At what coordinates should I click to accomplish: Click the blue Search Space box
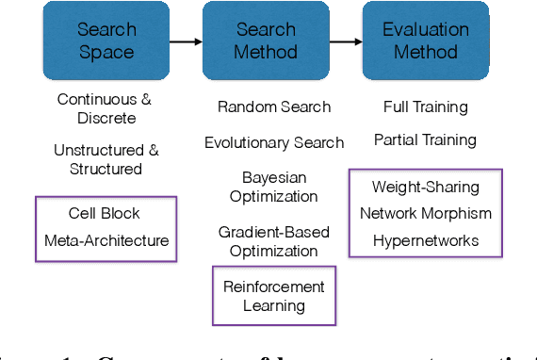(x=106, y=41)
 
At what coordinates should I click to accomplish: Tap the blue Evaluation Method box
(x=425, y=41)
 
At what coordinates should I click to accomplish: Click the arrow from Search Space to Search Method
(x=187, y=41)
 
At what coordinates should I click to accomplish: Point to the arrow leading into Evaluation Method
(x=348, y=41)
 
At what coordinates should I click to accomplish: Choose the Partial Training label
(x=425, y=139)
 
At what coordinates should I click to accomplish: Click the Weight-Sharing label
(x=425, y=187)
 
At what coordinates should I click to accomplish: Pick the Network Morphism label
(x=425, y=213)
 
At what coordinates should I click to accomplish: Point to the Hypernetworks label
(x=425, y=240)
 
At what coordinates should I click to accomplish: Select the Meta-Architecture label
(x=106, y=240)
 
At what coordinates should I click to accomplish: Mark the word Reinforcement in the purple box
(x=274, y=286)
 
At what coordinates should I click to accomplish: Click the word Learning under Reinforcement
(x=274, y=305)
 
